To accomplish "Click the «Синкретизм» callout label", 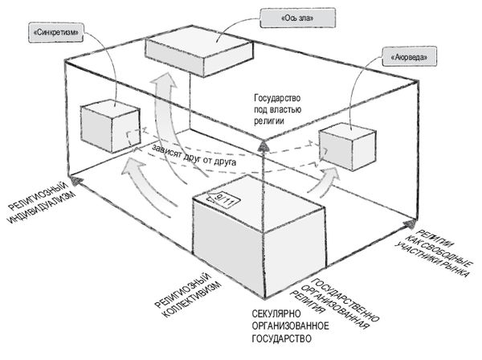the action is pos(56,33).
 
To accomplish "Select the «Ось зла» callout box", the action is pos(297,18).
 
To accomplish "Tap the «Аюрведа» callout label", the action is pos(409,57).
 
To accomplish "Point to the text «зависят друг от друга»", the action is pos(194,155).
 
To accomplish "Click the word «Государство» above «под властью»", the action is pos(277,99).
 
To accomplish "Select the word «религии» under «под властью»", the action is pos(268,121).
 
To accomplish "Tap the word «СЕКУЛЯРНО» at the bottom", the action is pos(276,314).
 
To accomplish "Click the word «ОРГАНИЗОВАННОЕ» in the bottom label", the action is pos(290,326).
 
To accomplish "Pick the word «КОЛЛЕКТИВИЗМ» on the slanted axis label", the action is pos(191,301).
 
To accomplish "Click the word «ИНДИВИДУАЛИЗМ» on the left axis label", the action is pos(42,208).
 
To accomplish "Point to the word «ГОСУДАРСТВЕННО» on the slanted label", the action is pos(345,300).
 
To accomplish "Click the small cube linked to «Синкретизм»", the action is pos(110,126).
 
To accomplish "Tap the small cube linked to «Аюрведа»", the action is pos(348,146).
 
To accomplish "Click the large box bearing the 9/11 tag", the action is pos(259,237).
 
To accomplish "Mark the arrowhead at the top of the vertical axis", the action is pos(263,146).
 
